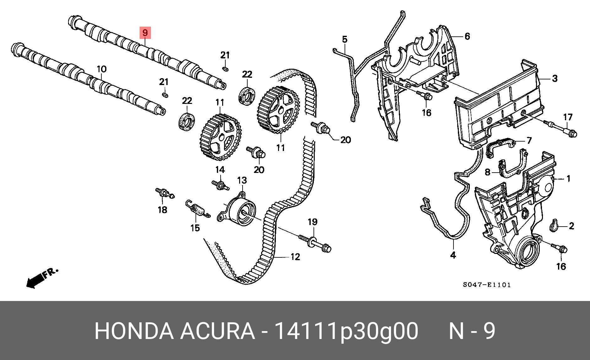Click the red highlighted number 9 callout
pos(145,32)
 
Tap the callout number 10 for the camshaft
pos(101,69)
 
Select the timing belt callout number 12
pos(295,257)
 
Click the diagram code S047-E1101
pos(487,285)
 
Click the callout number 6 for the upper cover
pos(467,36)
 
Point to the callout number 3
pos(554,78)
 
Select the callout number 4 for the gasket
pos(453,255)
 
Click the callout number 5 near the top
pos(345,40)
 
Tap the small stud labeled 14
pos(221,185)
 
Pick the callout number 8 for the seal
pos(487,172)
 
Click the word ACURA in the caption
pos(217,331)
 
